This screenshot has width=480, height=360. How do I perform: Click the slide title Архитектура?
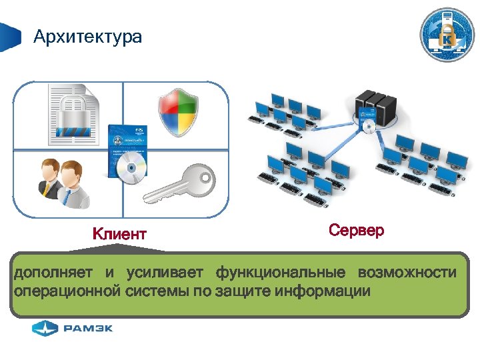(87, 36)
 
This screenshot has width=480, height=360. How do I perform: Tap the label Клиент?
(119, 234)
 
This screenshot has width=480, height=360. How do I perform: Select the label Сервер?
(357, 231)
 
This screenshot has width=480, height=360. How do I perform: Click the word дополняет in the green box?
(53, 273)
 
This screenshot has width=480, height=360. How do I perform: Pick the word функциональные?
(280, 273)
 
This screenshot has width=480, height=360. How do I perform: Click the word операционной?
(67, 291)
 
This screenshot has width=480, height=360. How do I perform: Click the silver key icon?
(181, 183)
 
